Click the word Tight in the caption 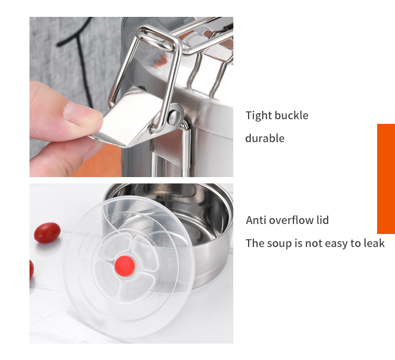(259, 116)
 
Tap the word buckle (291, 115)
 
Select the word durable (265, 138)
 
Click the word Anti (255, 220)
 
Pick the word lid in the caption (322, 220)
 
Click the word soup (278, 244)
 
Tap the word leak (374, 244)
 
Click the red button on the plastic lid (125, 266)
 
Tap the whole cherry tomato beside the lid (47, 232)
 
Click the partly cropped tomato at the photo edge (32, 269)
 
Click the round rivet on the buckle (174, 116)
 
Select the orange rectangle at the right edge (386, 179)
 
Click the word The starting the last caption (255, 244)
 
